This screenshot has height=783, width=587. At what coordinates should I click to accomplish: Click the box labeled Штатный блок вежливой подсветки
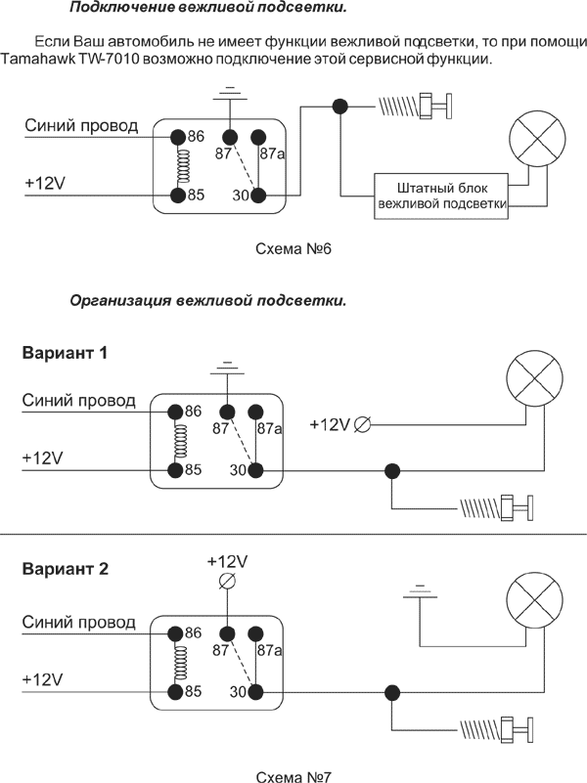coord(440,196)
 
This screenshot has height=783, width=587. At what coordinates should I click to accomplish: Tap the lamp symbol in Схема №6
coord(534,138)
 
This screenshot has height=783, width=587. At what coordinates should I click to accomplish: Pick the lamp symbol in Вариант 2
coord(534,599)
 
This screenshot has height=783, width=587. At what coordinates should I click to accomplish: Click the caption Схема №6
coord(293,249)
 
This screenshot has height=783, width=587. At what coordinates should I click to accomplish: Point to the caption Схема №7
coord(293,777)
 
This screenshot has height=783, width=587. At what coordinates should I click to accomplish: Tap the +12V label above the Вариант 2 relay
coord(227,561)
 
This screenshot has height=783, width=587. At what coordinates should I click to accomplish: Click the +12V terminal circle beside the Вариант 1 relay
coord(362,423)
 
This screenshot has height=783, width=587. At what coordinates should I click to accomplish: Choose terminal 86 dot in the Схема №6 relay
coord(178,137)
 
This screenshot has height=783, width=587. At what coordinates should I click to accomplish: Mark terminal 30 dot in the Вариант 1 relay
coord(256,470)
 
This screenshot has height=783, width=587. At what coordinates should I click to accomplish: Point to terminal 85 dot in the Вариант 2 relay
coord(176,691)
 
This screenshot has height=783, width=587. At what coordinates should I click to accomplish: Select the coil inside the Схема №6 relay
coord(178,166)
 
